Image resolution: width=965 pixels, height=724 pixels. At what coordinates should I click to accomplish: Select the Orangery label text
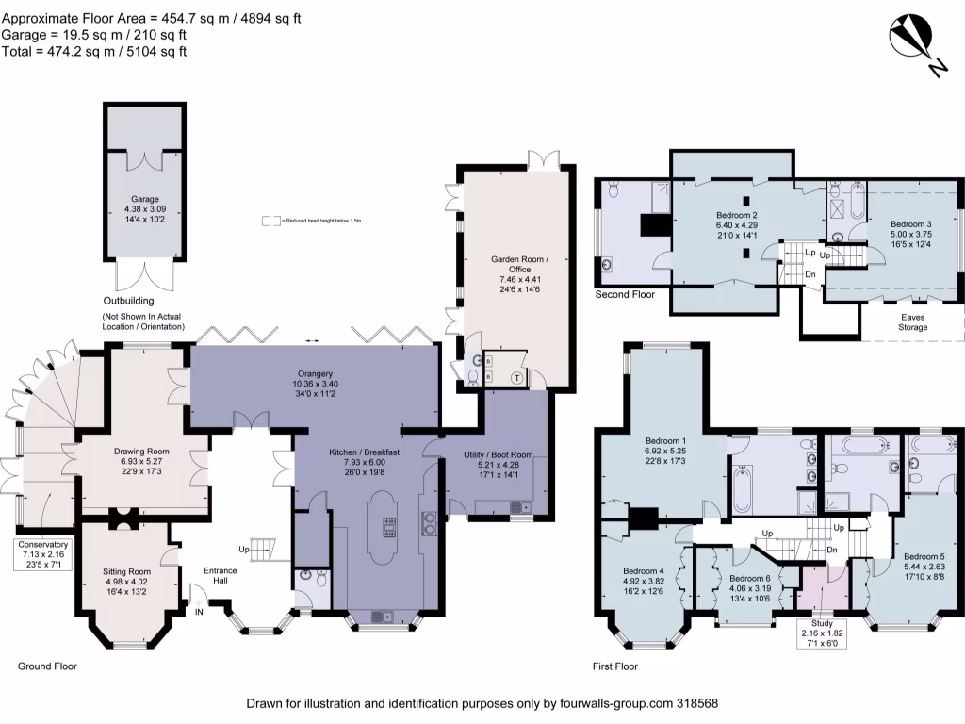coord(316,384)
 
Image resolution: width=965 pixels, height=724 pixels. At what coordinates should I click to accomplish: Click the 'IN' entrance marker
coord(199,611)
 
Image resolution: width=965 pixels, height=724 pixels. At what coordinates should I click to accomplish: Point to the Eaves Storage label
coord(912,322)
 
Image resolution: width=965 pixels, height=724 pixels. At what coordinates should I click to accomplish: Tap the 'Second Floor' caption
coord(625,295)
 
